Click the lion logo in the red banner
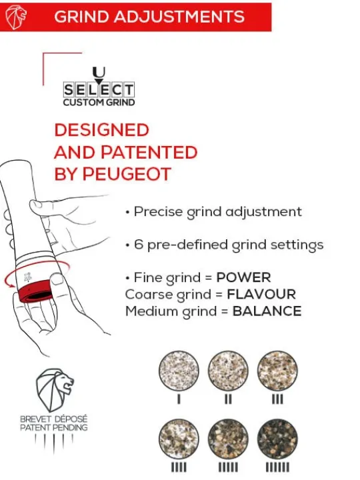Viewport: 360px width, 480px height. pyautogui.click(x=15, y=17)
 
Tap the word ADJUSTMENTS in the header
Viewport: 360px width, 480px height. pyautogui.click(x=179, y=17)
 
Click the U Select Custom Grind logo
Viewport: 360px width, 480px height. pyautogui.click(x=99, y=87)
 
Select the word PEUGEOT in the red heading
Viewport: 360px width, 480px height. pyautogui.click(x=127, y=174)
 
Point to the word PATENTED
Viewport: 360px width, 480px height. pyautogui.click(x=149, y=152)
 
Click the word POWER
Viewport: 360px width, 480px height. pyautogui.click(x=244, y=277)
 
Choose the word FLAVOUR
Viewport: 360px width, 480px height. pyautogui.click(x=261, y=295)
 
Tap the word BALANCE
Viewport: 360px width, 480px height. pyautogui.click(x=267, y=311)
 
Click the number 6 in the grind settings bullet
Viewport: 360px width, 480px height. pyautogui.click(x=139, y=245)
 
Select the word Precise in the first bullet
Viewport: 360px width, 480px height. pyautogui.click(x=158, y=212)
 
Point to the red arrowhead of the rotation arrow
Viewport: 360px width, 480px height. pyautogui.click(x=12, y=286)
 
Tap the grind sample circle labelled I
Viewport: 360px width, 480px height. pyautogui.click(x=179, y=371)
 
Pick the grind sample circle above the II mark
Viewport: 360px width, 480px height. pyautogui.click(x=228, y=371)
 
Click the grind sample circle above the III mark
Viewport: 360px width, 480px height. pyautogui.click(x=277, y=371)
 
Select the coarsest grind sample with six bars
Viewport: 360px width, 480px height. pyautogui.click(x=277, y=439)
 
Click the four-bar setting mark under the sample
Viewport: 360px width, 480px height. pyautogui.click(x=179, y=467)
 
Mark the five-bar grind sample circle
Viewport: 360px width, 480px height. pyautogui.click(x=228, y=439)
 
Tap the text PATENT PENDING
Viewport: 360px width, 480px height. pyautogui.click(x=54, y=427)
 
